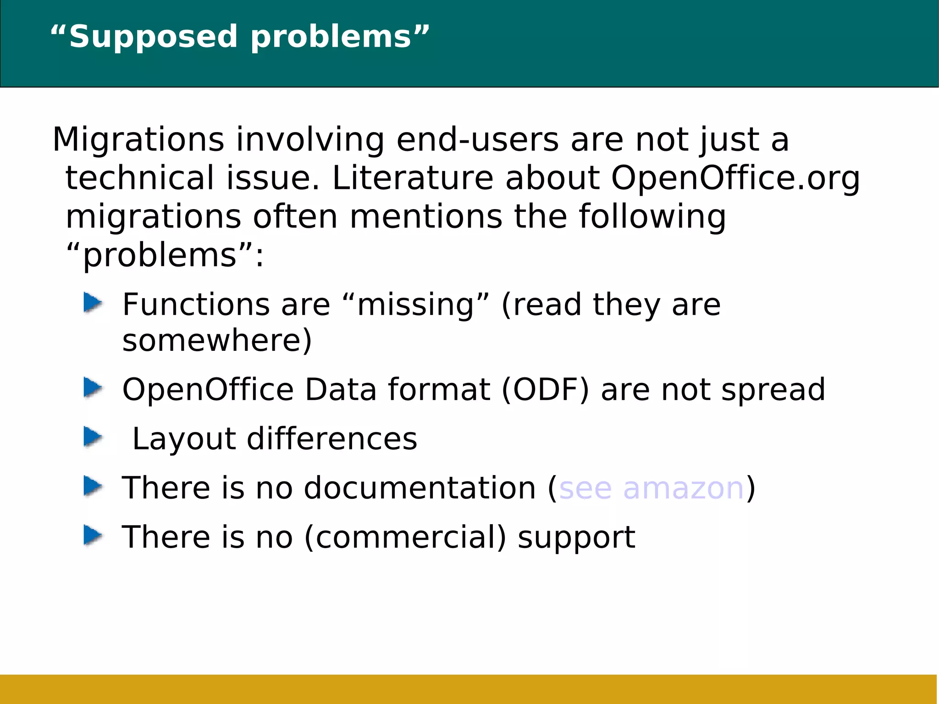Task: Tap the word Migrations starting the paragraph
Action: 138,140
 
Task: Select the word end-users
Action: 477,140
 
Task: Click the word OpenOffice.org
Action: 735,178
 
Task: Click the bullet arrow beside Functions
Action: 93,303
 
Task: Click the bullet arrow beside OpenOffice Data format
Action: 93,388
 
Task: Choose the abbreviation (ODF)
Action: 545,390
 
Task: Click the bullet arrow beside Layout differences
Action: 93,437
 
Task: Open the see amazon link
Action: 651,488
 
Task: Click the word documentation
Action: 420,488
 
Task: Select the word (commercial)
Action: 405,537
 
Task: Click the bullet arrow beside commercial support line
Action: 93,535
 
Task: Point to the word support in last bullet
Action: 576,538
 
